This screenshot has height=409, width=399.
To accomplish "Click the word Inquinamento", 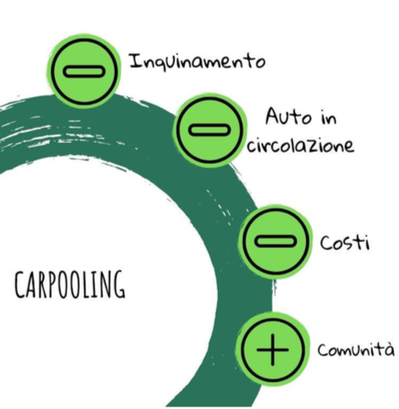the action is [x=197, y=62].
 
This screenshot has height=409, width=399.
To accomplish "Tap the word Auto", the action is [x=287, y=116].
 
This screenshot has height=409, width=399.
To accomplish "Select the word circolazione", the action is [x=300, y=145].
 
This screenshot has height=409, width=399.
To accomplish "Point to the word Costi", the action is [x=345, y=243].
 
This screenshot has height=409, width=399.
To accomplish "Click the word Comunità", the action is [x=356, y=349].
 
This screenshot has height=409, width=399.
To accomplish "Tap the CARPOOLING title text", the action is [x=70, y=284].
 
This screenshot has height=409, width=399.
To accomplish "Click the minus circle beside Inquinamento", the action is [x=83, y=71].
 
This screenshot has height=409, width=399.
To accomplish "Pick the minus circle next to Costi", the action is [x=275, y=241].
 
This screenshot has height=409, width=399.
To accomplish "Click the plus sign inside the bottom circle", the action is [x=272, y=350].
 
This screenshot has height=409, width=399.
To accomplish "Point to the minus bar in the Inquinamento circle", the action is [x=83, y=71].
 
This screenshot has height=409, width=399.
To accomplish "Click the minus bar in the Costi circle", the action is [x=275, y=241].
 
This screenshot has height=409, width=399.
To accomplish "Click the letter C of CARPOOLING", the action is [x=19, y=285].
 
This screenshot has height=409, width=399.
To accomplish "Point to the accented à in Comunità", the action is [x=389, y=349].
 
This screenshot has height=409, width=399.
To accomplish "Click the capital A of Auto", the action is [x=272, y=116].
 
